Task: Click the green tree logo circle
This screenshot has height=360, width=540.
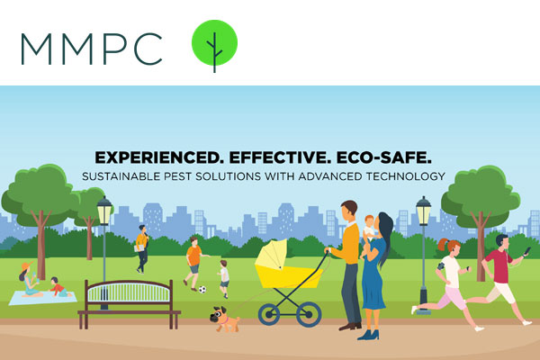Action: click(214, 42)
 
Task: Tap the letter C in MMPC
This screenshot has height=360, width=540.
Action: click(148, 49)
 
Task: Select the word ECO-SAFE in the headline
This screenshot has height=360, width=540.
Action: click(383, 157)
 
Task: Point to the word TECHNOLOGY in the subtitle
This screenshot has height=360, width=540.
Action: click(405, 176)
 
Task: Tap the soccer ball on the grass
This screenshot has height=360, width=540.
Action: click(202, 290)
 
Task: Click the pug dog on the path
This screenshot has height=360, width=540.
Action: click(224, 319)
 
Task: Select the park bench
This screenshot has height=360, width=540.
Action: click(129, 304)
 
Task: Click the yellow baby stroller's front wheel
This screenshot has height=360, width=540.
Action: click(269, 314)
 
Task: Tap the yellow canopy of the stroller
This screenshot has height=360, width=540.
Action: click(272, 254)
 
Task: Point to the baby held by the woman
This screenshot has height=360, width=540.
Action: click(370, 229)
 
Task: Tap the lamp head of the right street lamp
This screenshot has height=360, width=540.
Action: click(423, 211)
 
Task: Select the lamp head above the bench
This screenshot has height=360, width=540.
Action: click(104, 211)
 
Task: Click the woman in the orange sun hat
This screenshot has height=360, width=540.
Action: click(29, 279)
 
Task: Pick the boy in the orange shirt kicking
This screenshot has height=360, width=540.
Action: click(194, 264)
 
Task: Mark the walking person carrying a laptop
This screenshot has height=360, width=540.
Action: click(142, 248)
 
